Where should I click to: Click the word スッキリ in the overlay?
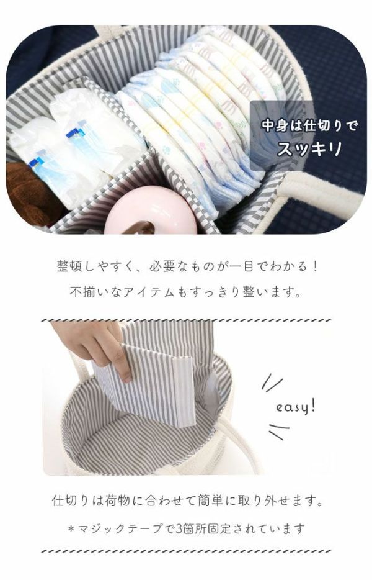309,148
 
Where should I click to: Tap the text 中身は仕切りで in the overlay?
309,126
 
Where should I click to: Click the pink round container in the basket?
151,211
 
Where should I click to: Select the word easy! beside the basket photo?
296,407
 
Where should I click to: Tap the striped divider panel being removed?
148,384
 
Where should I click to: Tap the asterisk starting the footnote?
71,529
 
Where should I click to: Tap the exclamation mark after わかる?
314,266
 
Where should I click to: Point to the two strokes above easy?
272,382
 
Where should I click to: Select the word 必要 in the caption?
162,266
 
